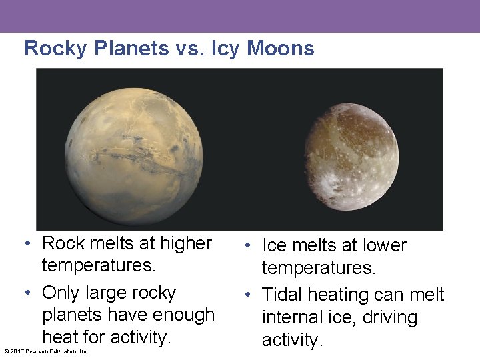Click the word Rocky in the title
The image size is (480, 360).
(55, 48)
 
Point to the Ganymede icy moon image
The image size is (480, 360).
(352, 156)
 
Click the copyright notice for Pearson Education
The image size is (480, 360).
(47, 351)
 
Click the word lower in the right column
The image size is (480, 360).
(382, 245)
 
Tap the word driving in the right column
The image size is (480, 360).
(390, 317)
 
